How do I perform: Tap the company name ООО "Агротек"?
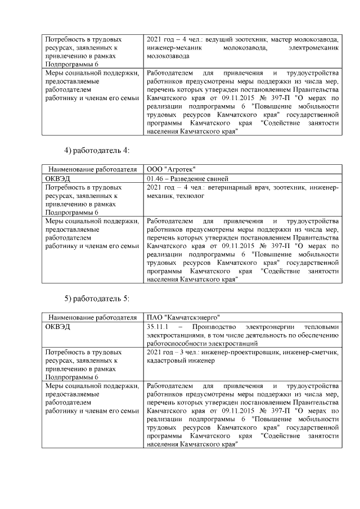click(x=171, y=169)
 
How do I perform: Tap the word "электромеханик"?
click(x=313, y=48)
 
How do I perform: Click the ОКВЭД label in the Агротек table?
click(x=57, y=178)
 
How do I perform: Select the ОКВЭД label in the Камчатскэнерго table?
click(x=57, y=326)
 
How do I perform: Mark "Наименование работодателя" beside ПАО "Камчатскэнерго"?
click(x=93, y=317)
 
